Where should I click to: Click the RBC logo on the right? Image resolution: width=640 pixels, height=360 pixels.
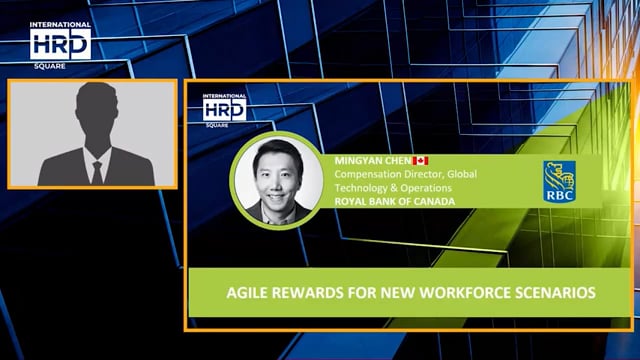557,181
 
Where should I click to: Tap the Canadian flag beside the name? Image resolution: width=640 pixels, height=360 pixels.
421,160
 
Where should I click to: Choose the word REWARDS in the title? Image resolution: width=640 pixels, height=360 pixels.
298,293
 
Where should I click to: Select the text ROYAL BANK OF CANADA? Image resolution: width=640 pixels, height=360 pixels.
390,201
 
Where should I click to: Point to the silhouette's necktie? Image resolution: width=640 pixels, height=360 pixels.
96,171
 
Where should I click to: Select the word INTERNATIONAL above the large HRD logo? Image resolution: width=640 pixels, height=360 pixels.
60,24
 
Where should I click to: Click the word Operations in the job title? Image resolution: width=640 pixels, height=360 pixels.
424,187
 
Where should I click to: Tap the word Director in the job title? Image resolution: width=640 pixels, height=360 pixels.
410,174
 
